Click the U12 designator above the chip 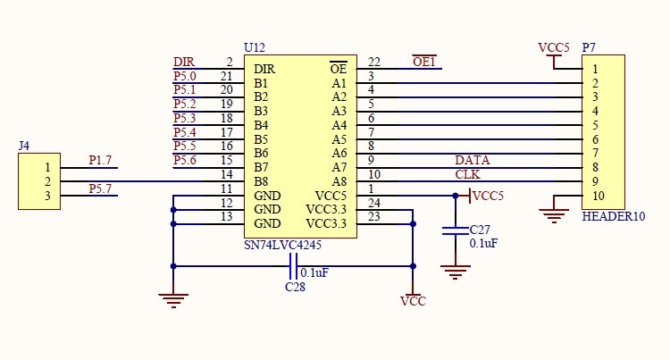point(254,47)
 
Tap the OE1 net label point(424,63)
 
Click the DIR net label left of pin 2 point(184,63)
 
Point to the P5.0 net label point(185,77)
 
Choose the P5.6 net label point(185,160)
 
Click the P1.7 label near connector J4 point(101,160)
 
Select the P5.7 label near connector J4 point(101,188)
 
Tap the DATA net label point(472,160)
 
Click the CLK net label point(467,174)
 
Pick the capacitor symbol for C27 point(456,231)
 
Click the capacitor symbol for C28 point(293,265)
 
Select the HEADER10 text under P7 point(612,217)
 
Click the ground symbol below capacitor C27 point(456,272)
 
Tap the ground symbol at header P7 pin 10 point(555,213)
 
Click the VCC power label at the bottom point(413,301)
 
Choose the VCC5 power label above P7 point(554,47)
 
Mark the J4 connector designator point(24,145)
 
